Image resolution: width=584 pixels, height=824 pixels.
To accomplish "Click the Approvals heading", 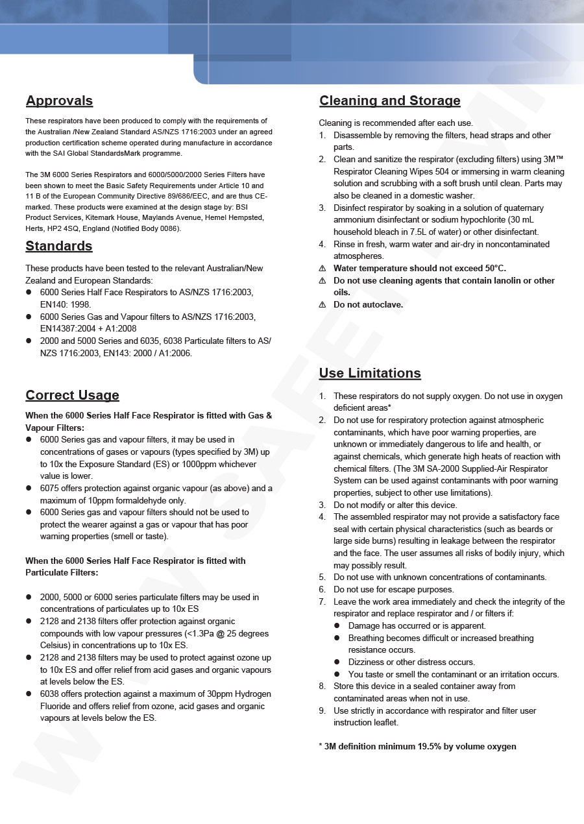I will [x=59, y=101].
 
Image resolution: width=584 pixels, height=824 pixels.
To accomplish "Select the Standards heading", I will [x=59, y=246].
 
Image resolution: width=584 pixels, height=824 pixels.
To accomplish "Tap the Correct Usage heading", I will [x=72, y=395].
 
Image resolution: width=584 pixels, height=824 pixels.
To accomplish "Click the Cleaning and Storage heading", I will [x=389, y=101].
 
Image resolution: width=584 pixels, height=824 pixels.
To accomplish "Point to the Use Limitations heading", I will [x=370, y=373].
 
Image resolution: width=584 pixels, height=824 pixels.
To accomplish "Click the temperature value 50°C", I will [x=492, y=269].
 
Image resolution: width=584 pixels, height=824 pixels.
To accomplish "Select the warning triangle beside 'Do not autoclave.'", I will [x=322, y=305].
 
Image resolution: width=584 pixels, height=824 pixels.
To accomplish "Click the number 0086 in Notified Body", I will [x=170, y=228].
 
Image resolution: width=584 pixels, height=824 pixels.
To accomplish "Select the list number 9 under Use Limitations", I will [x=322, y=710].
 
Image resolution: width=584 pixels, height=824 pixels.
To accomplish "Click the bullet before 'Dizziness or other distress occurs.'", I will [x=337, y=662].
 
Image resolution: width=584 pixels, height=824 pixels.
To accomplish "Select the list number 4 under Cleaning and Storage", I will [x=322, y=245].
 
